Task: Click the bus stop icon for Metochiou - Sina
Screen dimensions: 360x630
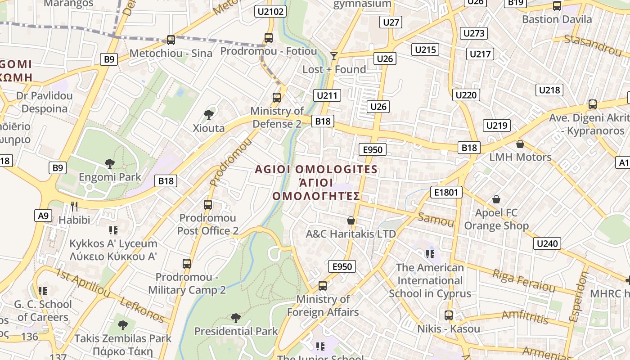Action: point(171,40)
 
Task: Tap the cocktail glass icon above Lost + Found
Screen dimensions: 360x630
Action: point(333,56)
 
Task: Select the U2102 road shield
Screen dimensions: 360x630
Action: point(270,11)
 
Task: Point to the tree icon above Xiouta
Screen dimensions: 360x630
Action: point(208,114)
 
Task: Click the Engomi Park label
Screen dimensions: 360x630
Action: point(110,177)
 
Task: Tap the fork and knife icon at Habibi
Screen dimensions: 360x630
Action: point(74,206)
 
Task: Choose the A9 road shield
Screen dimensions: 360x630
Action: point(43,216)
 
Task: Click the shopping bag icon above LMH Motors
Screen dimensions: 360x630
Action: point(520,144)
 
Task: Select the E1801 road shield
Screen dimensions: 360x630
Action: point(446,193)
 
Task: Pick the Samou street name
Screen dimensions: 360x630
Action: point(436,220)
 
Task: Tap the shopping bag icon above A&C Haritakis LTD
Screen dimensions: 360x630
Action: point(351,220)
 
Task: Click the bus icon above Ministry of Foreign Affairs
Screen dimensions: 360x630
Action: point(323,285)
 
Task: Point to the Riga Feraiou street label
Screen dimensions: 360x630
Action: point(524,280)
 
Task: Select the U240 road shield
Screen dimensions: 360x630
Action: point(548,243)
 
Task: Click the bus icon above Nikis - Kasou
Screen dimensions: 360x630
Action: point(449,315)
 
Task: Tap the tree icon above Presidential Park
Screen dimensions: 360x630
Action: point(235,318)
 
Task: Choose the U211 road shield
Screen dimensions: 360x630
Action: point(327,95)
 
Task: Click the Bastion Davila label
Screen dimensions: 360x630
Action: point(557,19)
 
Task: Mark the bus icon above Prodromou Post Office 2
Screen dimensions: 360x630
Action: point(208,205)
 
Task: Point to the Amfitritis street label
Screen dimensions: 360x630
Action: point(525,317)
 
